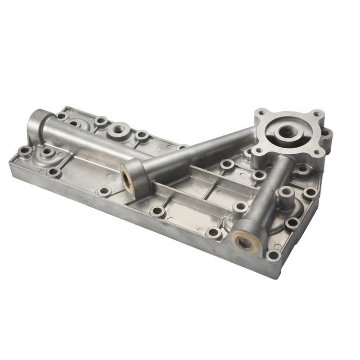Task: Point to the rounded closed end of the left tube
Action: click(35, 124)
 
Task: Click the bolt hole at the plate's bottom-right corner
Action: click(273, 256)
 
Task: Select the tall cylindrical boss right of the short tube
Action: click(286, 194)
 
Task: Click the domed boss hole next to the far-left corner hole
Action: click(46, 153)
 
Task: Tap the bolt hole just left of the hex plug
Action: click(213, 233)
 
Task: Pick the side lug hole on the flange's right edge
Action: click(325, 134)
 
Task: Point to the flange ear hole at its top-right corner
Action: click(317, 114)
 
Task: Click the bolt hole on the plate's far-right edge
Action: click(310, 193)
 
